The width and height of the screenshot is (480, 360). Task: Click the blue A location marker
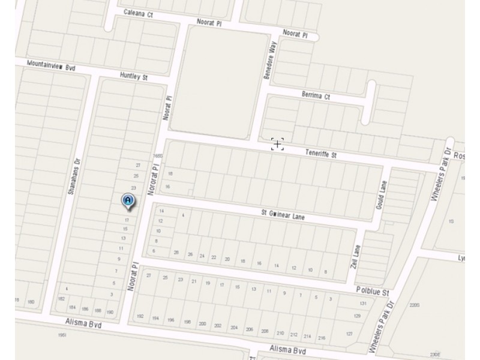tap(128, 201)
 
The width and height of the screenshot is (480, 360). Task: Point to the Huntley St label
tap(133, 77)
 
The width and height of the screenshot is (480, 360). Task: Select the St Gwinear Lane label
tap(282, 215)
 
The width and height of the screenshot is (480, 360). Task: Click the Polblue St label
tap(374, 292)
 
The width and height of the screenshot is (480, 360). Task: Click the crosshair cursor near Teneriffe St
tap(277, 144)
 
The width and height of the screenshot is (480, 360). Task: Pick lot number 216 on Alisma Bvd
tap(322, 338)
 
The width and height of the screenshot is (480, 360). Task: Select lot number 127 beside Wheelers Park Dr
tap(349, 334)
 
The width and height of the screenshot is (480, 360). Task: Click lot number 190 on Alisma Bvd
tap(110, 312)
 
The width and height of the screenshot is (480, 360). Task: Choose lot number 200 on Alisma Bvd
tap(202, 324)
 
